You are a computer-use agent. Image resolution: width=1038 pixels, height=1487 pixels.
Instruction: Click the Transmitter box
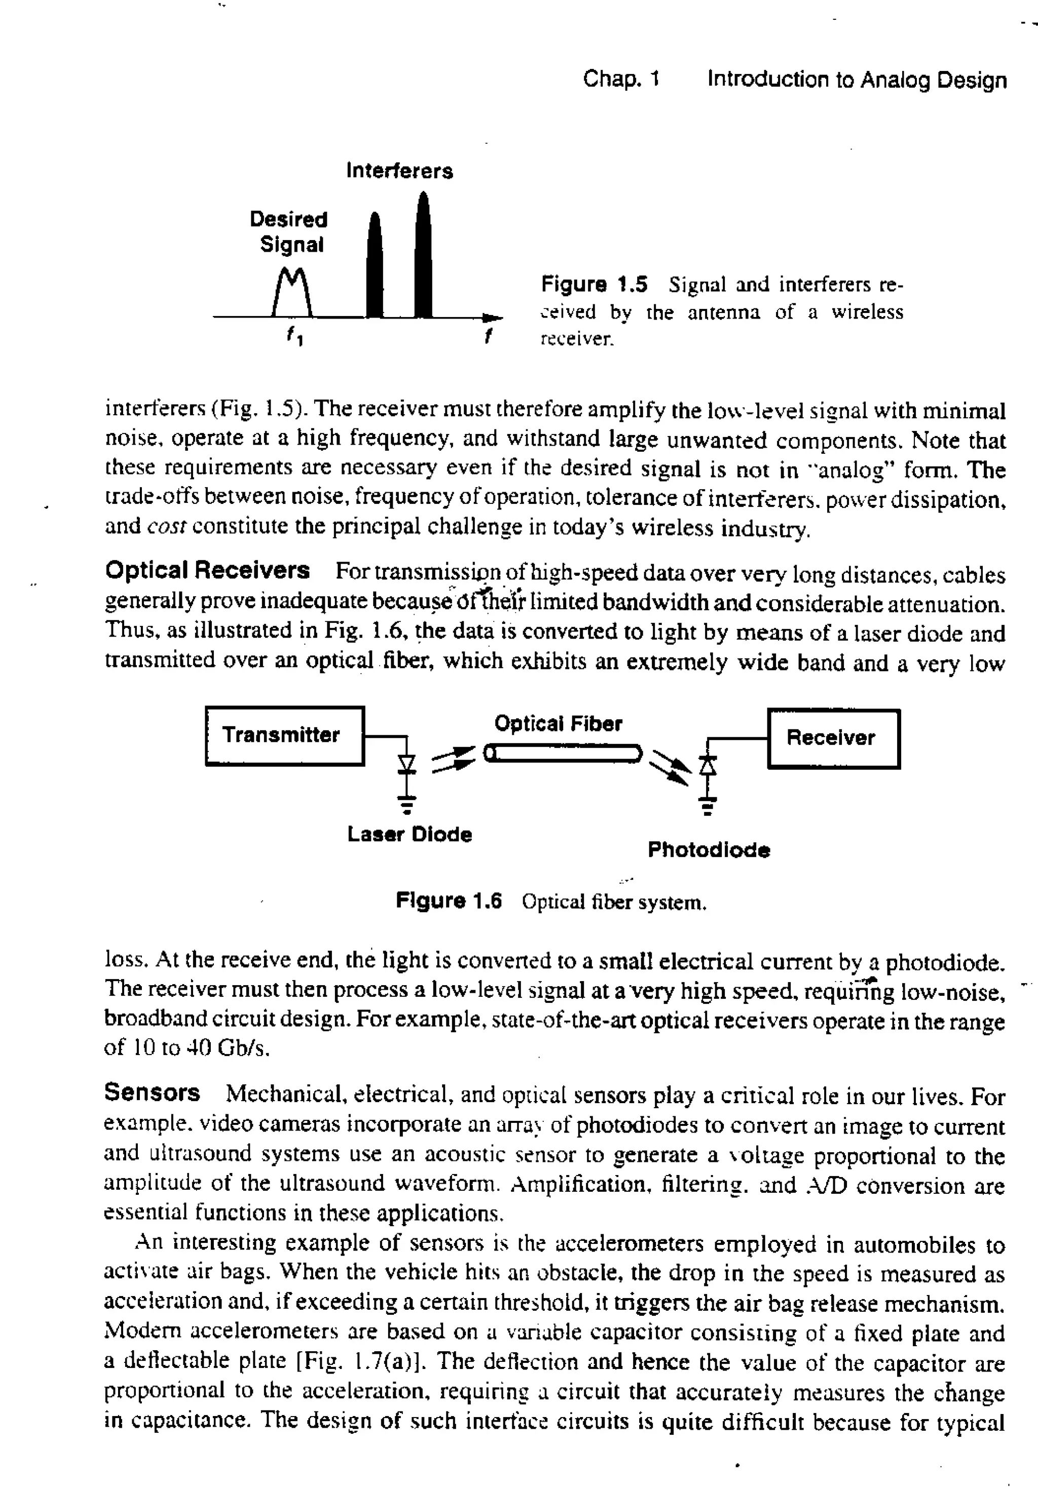pyautogui.click(x=284, y=736)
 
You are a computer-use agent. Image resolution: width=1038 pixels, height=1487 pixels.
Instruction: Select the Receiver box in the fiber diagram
pyautogui.click(x=833, y=738)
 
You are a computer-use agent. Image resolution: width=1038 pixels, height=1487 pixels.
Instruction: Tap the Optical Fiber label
pyautogui.click(x=558, y=723)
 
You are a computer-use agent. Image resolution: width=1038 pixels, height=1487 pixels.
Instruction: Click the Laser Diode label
pyautogui.click(x=410, y=834)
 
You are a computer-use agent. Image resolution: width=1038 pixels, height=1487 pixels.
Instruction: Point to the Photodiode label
pyautogui.click(x=709, y=850)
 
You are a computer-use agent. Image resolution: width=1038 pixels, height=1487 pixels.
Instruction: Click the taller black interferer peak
pyautogui.click(x=423, y=259)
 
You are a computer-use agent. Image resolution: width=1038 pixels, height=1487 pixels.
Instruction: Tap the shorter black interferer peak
pyautogui.click(x=375, y=269)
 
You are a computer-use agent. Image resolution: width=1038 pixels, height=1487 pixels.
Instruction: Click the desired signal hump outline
pyautogui.click(x=293, y=291)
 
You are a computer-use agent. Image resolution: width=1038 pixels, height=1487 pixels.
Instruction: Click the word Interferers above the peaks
pyautogui.click(x=399, y=171)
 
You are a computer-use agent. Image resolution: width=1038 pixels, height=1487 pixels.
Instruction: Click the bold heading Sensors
pyautogui.click(x=152, y=1092)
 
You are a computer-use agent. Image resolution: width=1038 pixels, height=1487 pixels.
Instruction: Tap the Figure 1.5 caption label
pyautogui.click(x=594, y=284)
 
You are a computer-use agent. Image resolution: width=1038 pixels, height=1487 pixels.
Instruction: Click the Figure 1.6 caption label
pyautogui.click(x=449, y=902)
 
